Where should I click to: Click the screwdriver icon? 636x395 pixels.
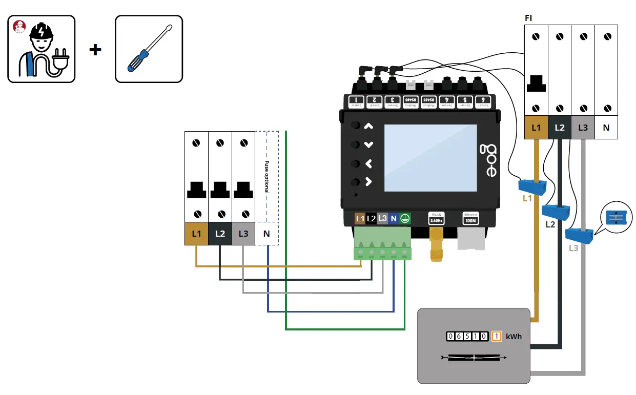(149, 49)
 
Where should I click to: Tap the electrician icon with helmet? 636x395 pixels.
(42, 49)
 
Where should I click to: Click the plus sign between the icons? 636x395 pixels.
(95, 50)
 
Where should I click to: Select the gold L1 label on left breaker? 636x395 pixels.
(196, 234)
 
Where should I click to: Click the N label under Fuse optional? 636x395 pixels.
(266, 234)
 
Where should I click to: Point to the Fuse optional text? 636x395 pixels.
(266, 177)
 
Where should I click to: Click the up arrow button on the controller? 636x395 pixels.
(368, 126)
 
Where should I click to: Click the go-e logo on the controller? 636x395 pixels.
(488, 160)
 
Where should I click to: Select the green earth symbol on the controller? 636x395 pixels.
(405, 219)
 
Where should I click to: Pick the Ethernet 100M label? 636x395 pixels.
(470, 218)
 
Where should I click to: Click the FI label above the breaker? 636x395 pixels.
(528, 18)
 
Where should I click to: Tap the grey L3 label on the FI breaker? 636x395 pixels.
(583, 128)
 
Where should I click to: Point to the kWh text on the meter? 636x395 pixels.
(514, 337)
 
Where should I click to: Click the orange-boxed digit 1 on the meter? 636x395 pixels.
(496, 337)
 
